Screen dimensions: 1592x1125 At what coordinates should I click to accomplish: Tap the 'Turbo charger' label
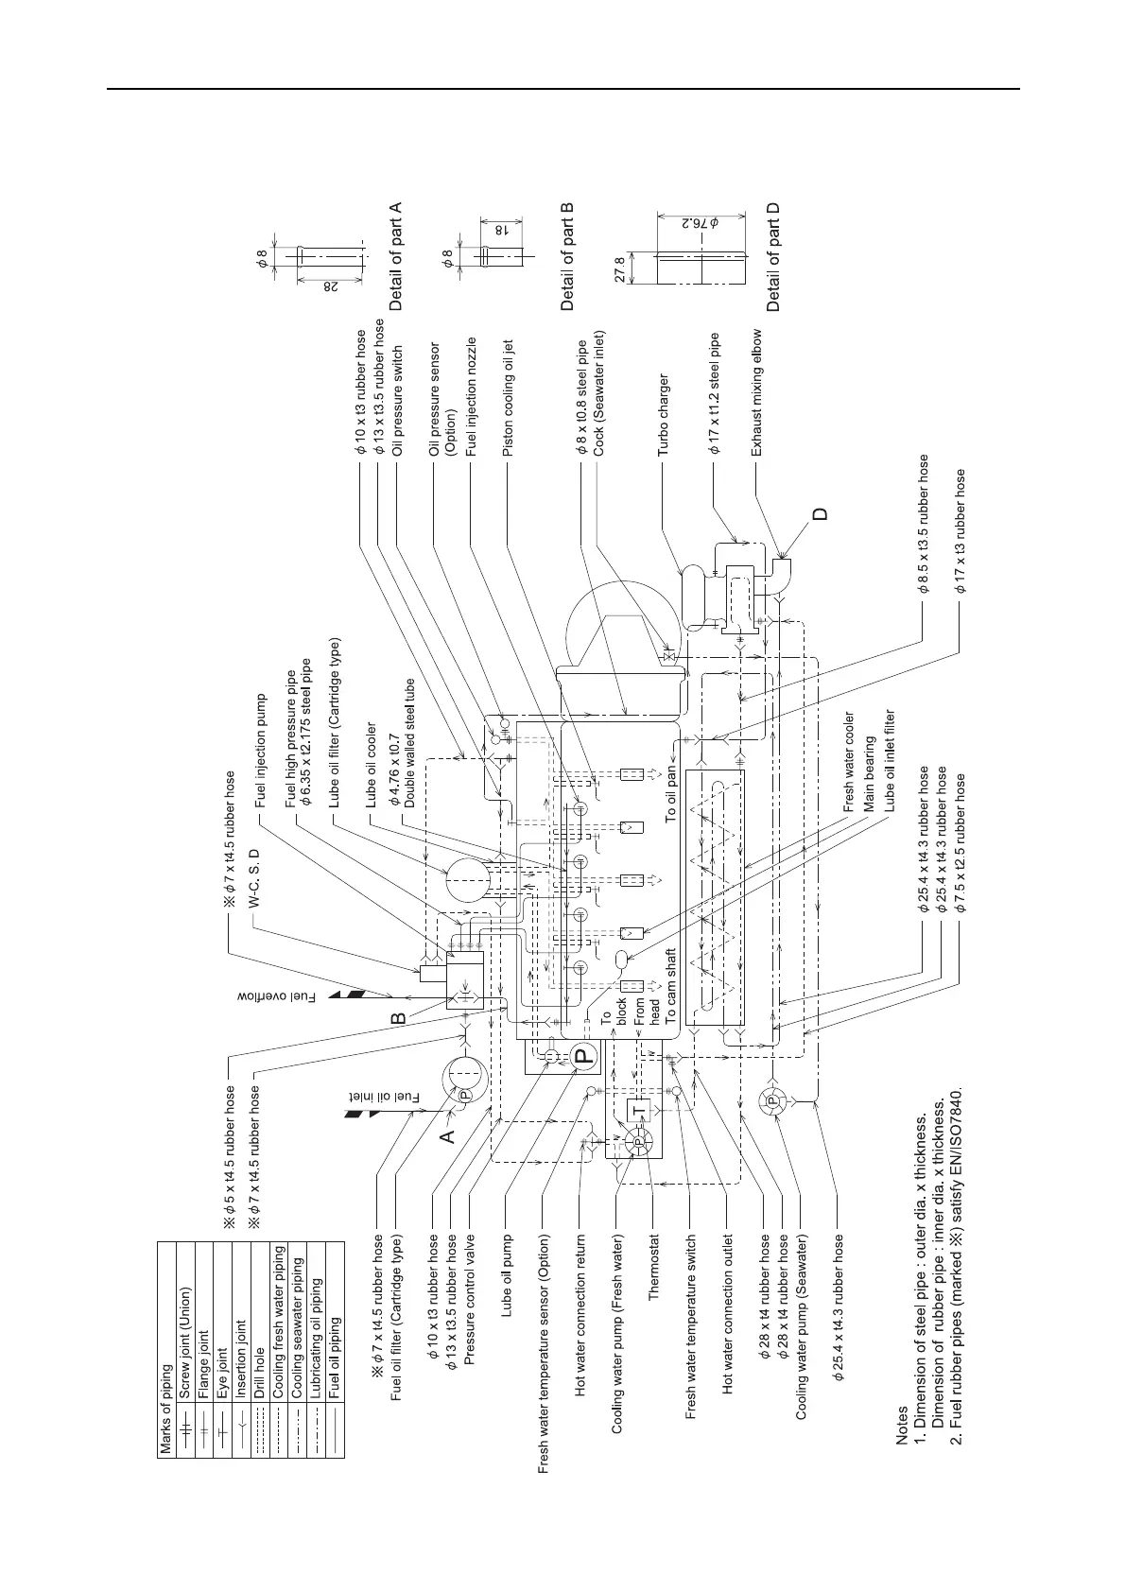coord(664,416)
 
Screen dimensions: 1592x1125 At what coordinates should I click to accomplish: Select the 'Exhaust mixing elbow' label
coord(756,393)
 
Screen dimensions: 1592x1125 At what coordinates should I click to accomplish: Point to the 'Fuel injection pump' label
coord(261,748)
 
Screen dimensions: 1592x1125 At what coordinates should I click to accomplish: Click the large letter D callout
coord(821,513)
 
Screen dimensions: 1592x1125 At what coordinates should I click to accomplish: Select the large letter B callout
coord(399,1019)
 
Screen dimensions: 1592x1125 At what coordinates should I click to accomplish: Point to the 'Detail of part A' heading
coord(396,256)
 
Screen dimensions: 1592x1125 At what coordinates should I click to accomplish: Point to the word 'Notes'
coord(902,1433)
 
